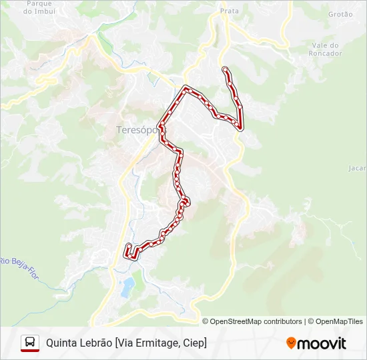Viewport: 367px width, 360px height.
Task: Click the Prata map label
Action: point(229,11)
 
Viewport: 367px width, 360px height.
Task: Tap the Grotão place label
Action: point(340,14)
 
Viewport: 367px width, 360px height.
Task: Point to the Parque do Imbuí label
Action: point(37,7)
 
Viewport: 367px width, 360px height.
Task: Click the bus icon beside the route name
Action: point(30,343)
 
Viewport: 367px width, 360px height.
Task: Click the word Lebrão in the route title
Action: point(97,343)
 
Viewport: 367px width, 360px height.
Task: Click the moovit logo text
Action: point(322,343)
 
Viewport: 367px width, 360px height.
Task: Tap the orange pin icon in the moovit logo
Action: point(291,343)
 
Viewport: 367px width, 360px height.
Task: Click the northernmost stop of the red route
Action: point(225,69)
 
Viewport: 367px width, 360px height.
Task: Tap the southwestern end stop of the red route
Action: point(127,247)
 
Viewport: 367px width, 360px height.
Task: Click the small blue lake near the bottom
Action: point(127,287)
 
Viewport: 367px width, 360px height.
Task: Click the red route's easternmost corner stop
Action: point(240,127)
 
